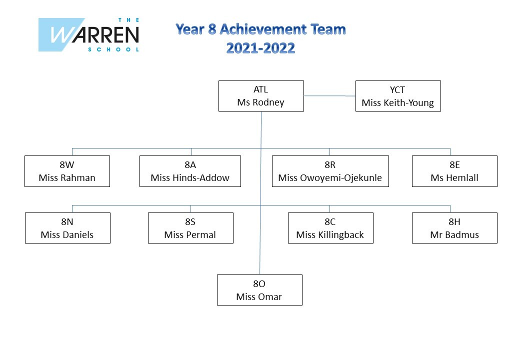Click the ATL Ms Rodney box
tap(261, 96)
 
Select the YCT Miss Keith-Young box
tap(398, 96)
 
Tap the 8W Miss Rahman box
tap(67, 171)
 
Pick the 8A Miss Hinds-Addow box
tap(190, 171)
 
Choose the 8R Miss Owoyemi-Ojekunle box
tap(330, 171)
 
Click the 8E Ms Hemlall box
tap(454, 171)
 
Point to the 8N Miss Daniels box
tap(67, 228)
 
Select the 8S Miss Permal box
tap(190, 228)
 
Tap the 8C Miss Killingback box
tap(330, 228)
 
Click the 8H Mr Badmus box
tap(454, 228)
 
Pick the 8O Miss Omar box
tap(259, 290)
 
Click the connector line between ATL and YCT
tap(329, 96)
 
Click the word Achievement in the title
tap(263, 29)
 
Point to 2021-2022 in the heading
tap(260, 48)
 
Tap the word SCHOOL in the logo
tap(113, 49)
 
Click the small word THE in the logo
tap(128, 20)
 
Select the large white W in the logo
tap(62, 35)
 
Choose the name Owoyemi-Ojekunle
tap(341, 178)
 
